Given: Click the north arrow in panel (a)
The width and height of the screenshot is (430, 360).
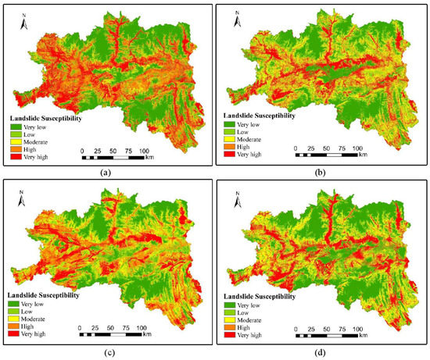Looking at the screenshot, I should (x=24, y=22).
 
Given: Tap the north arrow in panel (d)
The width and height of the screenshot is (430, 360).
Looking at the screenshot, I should (x=237, y=198).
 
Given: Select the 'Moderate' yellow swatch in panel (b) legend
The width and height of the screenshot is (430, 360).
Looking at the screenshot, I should (x=228, y=139).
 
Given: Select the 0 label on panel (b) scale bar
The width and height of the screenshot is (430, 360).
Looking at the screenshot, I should (x=296, y=147).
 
